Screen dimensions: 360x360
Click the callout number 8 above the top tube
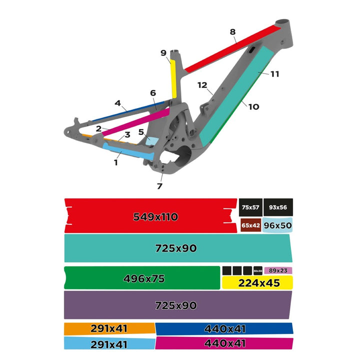coord(232,32)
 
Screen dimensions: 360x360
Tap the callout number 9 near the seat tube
coord(163,53)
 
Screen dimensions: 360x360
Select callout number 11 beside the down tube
coord(274,74)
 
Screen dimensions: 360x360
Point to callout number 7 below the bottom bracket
coord(159,186)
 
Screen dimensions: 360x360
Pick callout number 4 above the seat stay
coord(117,103)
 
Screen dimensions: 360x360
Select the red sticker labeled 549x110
coord(150,216)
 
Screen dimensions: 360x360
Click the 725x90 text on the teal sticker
coord(175,248)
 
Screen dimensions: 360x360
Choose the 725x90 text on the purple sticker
coord(175,305)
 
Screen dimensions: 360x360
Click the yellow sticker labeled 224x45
coord(257,283)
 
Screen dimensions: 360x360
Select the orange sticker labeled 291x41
coord(109,328)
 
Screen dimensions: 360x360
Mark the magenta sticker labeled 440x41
coord(223,343)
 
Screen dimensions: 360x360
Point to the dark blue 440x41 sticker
coord(223,328)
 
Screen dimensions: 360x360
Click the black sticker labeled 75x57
coord(250,207)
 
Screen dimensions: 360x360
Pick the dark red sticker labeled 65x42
coord(250,225)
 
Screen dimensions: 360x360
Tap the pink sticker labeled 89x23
coord(278,270)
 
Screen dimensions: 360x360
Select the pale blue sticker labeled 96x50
coord(278,225)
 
